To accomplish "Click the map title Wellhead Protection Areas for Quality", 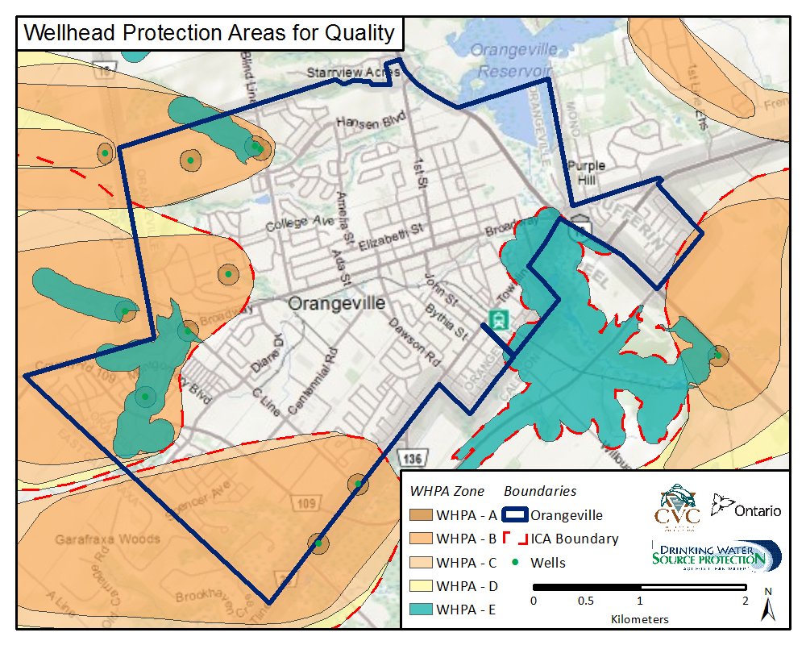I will (209, 33).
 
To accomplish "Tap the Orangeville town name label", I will (337, 303).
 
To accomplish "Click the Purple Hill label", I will (586, 173).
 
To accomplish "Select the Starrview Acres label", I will (352, 73).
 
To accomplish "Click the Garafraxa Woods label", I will (107, 539).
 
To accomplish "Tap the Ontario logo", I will (746, 508).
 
